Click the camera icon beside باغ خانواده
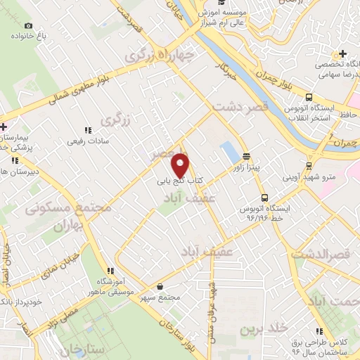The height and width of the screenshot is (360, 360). click(28, 25)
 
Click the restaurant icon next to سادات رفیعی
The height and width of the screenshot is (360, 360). click(88, 130)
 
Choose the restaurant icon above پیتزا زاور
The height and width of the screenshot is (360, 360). click(246, 156)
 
